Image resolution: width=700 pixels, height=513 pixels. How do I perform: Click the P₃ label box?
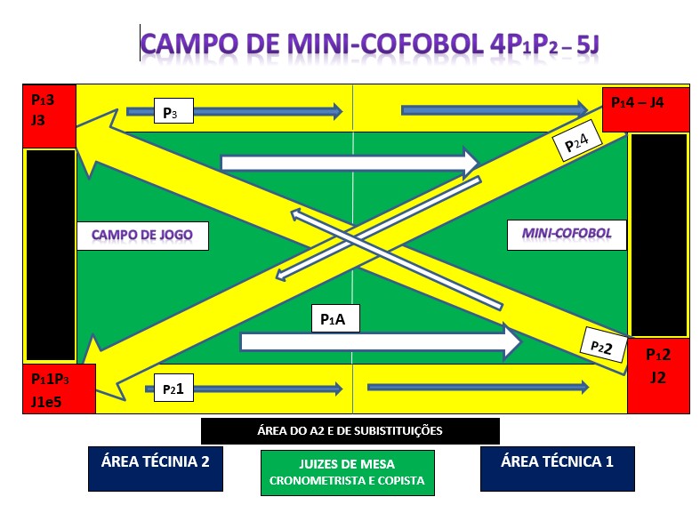173,110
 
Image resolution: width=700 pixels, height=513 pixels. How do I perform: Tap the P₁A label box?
335,318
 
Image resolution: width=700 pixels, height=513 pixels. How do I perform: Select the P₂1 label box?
173,388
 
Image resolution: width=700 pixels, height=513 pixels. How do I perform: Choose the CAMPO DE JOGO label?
142,236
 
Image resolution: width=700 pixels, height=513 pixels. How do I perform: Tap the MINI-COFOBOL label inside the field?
567,235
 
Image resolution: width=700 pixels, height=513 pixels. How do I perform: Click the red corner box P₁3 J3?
50,116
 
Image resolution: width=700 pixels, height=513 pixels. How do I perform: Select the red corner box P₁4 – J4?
646,109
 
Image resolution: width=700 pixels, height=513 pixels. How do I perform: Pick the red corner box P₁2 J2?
658,375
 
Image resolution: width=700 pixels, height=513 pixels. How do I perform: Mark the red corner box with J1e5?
59,389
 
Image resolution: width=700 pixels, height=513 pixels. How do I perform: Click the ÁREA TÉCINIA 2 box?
156,469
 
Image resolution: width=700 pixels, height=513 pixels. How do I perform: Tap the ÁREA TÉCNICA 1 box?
557,469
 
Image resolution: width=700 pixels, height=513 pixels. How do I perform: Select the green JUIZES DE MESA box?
347,473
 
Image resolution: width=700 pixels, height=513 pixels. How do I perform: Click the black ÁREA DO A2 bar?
350,431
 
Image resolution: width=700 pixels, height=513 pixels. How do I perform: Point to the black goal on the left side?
51,255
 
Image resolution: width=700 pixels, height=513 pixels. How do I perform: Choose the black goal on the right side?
659,235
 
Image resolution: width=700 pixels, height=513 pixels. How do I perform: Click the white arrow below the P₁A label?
381,341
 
